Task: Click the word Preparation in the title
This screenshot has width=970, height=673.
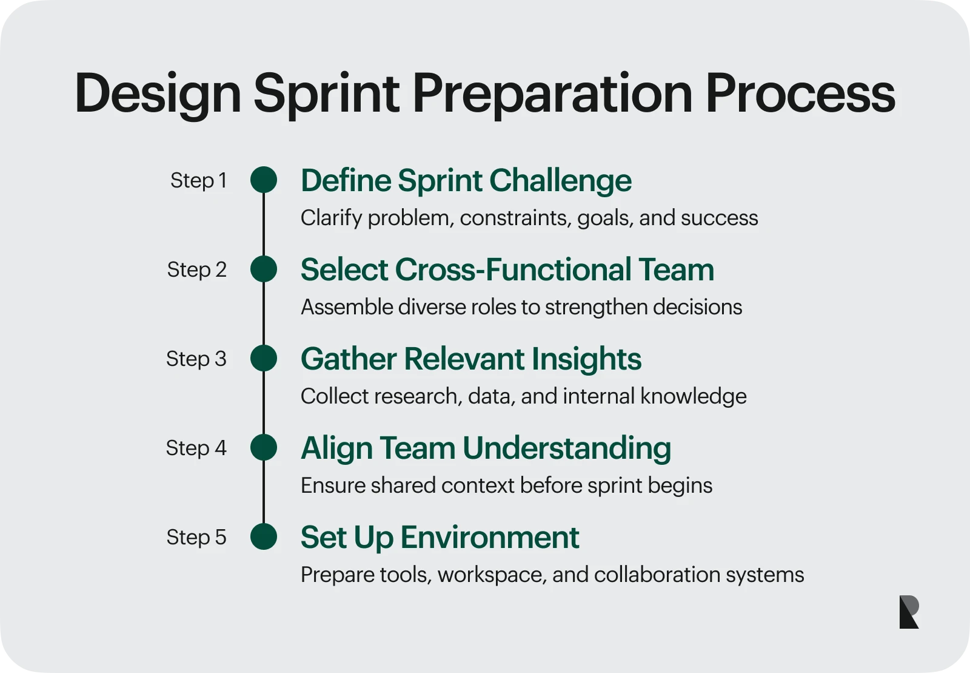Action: [x=552, y=94]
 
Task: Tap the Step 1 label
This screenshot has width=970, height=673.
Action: [x=199, y=180]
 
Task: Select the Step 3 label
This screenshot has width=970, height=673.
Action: [x=196, y=359]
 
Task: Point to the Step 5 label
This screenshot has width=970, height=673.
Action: [x=196, y=537]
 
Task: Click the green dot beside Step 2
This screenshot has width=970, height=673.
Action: [x=264, y=269]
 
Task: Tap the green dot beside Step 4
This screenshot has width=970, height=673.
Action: [x=264, y=447]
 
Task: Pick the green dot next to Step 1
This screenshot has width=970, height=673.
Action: [x=264, y=180]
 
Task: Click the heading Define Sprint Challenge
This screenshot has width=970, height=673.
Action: [x=466, y=181]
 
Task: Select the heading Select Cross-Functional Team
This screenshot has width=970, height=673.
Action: [x=507, y=269]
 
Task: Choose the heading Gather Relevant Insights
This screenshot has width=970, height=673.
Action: [x=471, y=359]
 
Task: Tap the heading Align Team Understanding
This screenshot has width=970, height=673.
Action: [x=486, y=448]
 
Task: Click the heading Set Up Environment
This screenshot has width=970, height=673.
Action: [x=440, y=538]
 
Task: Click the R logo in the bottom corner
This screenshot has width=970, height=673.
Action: [x=909, y=612]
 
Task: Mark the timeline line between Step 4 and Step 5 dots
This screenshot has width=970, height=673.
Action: [x=264, y=492]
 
